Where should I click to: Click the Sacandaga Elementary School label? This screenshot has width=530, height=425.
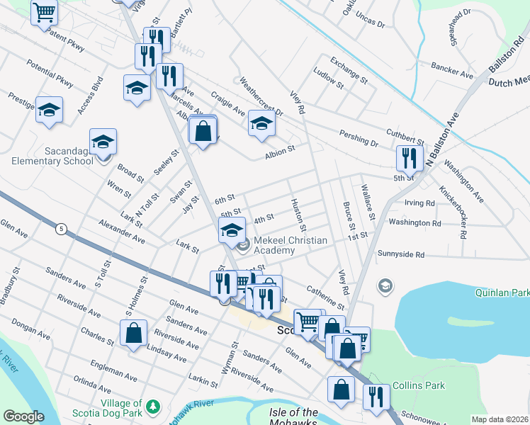click(52, 156)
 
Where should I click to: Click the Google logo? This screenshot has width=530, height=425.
click(23, 416)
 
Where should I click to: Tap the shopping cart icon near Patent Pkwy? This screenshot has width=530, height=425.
click(44, 12)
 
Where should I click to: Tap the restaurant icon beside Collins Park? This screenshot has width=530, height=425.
click(376, 395)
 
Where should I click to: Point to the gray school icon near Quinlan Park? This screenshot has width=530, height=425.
click(385, 285)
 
